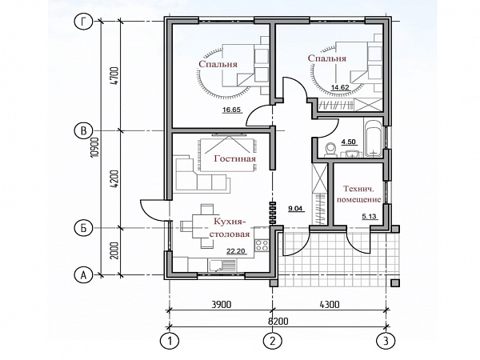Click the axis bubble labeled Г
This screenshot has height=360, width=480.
[83, 22]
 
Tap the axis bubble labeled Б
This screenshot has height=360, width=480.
[83, 228]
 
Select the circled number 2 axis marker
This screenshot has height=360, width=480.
[273, 341]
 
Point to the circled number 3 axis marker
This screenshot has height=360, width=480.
[386, 341]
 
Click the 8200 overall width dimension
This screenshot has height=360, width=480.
[278, 322]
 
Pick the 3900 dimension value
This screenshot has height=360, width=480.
[222, 305]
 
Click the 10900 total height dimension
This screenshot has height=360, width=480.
[95, 147]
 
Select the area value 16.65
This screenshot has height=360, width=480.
[232, 110]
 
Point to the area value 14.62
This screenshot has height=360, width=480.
[340, 87]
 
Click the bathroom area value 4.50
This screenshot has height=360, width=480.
[348, 142]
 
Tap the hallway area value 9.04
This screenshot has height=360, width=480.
[295, 209]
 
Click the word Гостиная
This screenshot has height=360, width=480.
[234, 158]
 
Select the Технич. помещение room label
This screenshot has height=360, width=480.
[358, 194]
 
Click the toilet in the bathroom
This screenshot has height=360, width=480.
[330, 150]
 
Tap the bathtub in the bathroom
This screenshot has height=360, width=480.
[373, 138]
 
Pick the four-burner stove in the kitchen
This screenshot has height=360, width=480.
[262, 246]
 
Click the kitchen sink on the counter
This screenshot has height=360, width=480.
[222, 265]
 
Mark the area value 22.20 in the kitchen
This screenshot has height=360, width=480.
[236, 252]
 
